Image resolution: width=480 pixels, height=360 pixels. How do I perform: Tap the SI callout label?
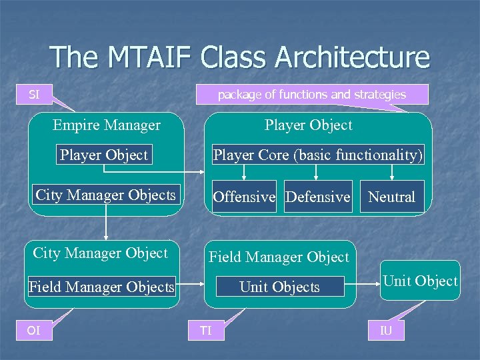pyautogui.click(x=34, y=95)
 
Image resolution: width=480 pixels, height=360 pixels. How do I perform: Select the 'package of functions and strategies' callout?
pyautogui.click(x=311, y=95)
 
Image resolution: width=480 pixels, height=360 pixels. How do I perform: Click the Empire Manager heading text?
pyautogui.click(x=107, y=125)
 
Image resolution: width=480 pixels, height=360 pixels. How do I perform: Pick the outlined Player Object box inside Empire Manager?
pyautogui.click(x=103, y=155)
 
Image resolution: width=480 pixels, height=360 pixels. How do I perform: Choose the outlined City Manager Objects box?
pyautogui.click(x=105, y=195)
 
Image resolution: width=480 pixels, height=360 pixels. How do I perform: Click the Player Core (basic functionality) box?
pyautogui.click(x=317, y=155)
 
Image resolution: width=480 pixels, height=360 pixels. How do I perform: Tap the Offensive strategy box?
pyautogui.click(x=243, y=197)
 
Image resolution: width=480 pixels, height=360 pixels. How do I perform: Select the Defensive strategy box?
pyautogui.click(x=317, y=197)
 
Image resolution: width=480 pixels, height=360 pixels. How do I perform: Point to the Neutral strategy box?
pyautogui.click(x=391, y=197)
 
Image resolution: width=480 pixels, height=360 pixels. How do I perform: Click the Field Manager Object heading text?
pyautogui.click(x=279, y=257)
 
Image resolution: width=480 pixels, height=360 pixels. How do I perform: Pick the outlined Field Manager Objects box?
pyautogui.click(x=101, y=287)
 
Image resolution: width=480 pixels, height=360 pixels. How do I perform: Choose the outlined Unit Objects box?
pyautogui.click(x=279, y=287)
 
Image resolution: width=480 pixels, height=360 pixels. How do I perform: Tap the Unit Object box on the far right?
pyautogui.click(x=420, y=281)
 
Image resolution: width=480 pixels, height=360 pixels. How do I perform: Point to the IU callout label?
pyautogui.click(x=386, y=330)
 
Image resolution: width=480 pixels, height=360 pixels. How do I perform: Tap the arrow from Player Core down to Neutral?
pyautogui.click(x=391, y=173)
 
